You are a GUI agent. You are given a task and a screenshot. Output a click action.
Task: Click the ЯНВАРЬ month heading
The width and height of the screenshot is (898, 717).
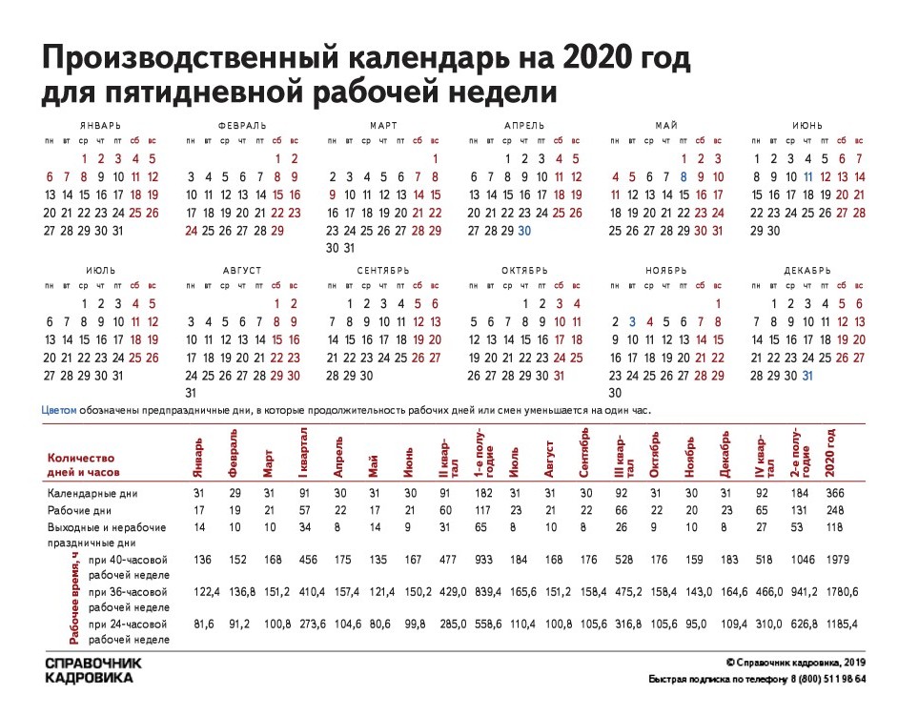101,125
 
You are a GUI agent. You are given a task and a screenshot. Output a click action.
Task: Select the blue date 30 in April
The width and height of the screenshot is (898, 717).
524,231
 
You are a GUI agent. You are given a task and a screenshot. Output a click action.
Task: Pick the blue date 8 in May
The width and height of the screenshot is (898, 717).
684,176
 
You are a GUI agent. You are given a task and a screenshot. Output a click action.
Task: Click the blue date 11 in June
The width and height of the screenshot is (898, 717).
808,176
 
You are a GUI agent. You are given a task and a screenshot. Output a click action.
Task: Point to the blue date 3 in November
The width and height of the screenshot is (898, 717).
632,322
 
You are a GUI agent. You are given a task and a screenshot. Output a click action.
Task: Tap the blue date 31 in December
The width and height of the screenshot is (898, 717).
808,376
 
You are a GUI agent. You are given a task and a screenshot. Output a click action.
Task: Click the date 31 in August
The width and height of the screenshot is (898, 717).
191,393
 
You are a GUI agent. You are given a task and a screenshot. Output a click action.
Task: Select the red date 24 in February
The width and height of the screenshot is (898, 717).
191,231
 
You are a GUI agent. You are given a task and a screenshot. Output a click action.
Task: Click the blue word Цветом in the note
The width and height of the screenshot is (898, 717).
57,409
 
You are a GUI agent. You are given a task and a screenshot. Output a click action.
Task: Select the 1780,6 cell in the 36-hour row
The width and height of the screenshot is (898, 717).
843,592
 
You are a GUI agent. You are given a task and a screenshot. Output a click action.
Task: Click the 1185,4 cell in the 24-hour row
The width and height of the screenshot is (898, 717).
843,624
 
